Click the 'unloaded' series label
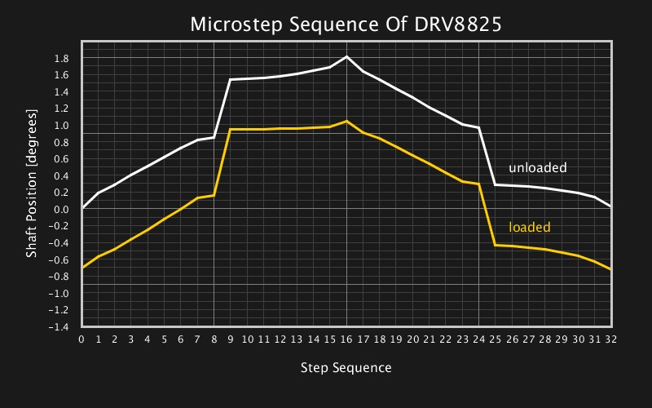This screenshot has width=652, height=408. (x=537, y=168)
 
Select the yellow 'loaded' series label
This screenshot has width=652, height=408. (x=529, y=228)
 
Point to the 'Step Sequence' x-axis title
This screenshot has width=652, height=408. (x=346, y=368)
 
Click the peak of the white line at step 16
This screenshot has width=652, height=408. (x=347, y=56)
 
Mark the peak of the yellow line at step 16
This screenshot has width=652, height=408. (x=347, y=121)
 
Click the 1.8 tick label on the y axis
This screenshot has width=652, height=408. (x=61, y=58)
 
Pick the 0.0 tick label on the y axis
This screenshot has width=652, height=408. (x=61, y=210)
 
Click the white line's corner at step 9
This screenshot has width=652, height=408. (x=231, y=79)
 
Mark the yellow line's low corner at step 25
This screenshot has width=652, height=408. (x=496, y=245)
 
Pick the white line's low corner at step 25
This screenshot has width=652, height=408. (x=496, y=185)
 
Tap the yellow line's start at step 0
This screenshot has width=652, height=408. (x=82, y=267)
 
